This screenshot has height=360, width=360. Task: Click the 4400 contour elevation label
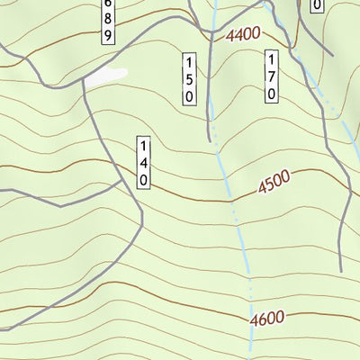click(x=244, y=34)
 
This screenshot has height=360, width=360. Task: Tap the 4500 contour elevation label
click(x=274, y=184)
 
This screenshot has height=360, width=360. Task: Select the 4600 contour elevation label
click(x=268, y=318)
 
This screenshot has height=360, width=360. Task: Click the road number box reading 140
click(x=143, y=163)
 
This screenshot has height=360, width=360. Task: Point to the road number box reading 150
click(x=189, y=79)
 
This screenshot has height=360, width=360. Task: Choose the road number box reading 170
click(x=271, y=76)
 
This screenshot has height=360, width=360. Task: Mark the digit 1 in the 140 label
click(x=143, y=147)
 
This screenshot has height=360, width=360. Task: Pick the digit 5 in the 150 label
click(x=189, y=79)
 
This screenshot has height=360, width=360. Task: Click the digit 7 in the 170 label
click(x=271, y=76)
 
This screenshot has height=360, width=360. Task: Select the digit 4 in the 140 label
click(x=143, y=163)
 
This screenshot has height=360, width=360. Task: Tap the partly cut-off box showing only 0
click(x=316, y=5)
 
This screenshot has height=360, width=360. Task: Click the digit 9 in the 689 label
click(x=107, y=36)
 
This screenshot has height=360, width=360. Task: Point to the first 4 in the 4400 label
click(x=231, y=37)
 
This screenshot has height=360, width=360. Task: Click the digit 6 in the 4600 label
click(x=260, y=319)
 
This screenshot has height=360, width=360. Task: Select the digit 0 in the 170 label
click(x=271, y=92)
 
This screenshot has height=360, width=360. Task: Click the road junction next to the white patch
click(x=85, y=82)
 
